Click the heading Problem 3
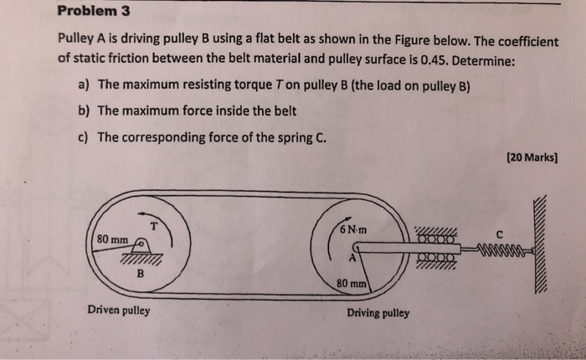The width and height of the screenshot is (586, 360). (95, 13)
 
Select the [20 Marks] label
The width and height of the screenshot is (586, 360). (532, 157)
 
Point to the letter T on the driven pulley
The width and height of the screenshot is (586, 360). (154, 224)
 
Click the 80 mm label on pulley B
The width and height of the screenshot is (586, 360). (112, 239)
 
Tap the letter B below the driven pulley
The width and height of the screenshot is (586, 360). (140, 273)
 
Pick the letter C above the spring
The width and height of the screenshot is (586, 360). (499, 232)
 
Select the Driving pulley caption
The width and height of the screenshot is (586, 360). (378, 313)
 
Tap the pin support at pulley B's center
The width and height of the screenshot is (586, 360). (143, 247)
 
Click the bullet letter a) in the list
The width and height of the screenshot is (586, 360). (83, 85)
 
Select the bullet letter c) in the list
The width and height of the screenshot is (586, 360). (83, 137)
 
